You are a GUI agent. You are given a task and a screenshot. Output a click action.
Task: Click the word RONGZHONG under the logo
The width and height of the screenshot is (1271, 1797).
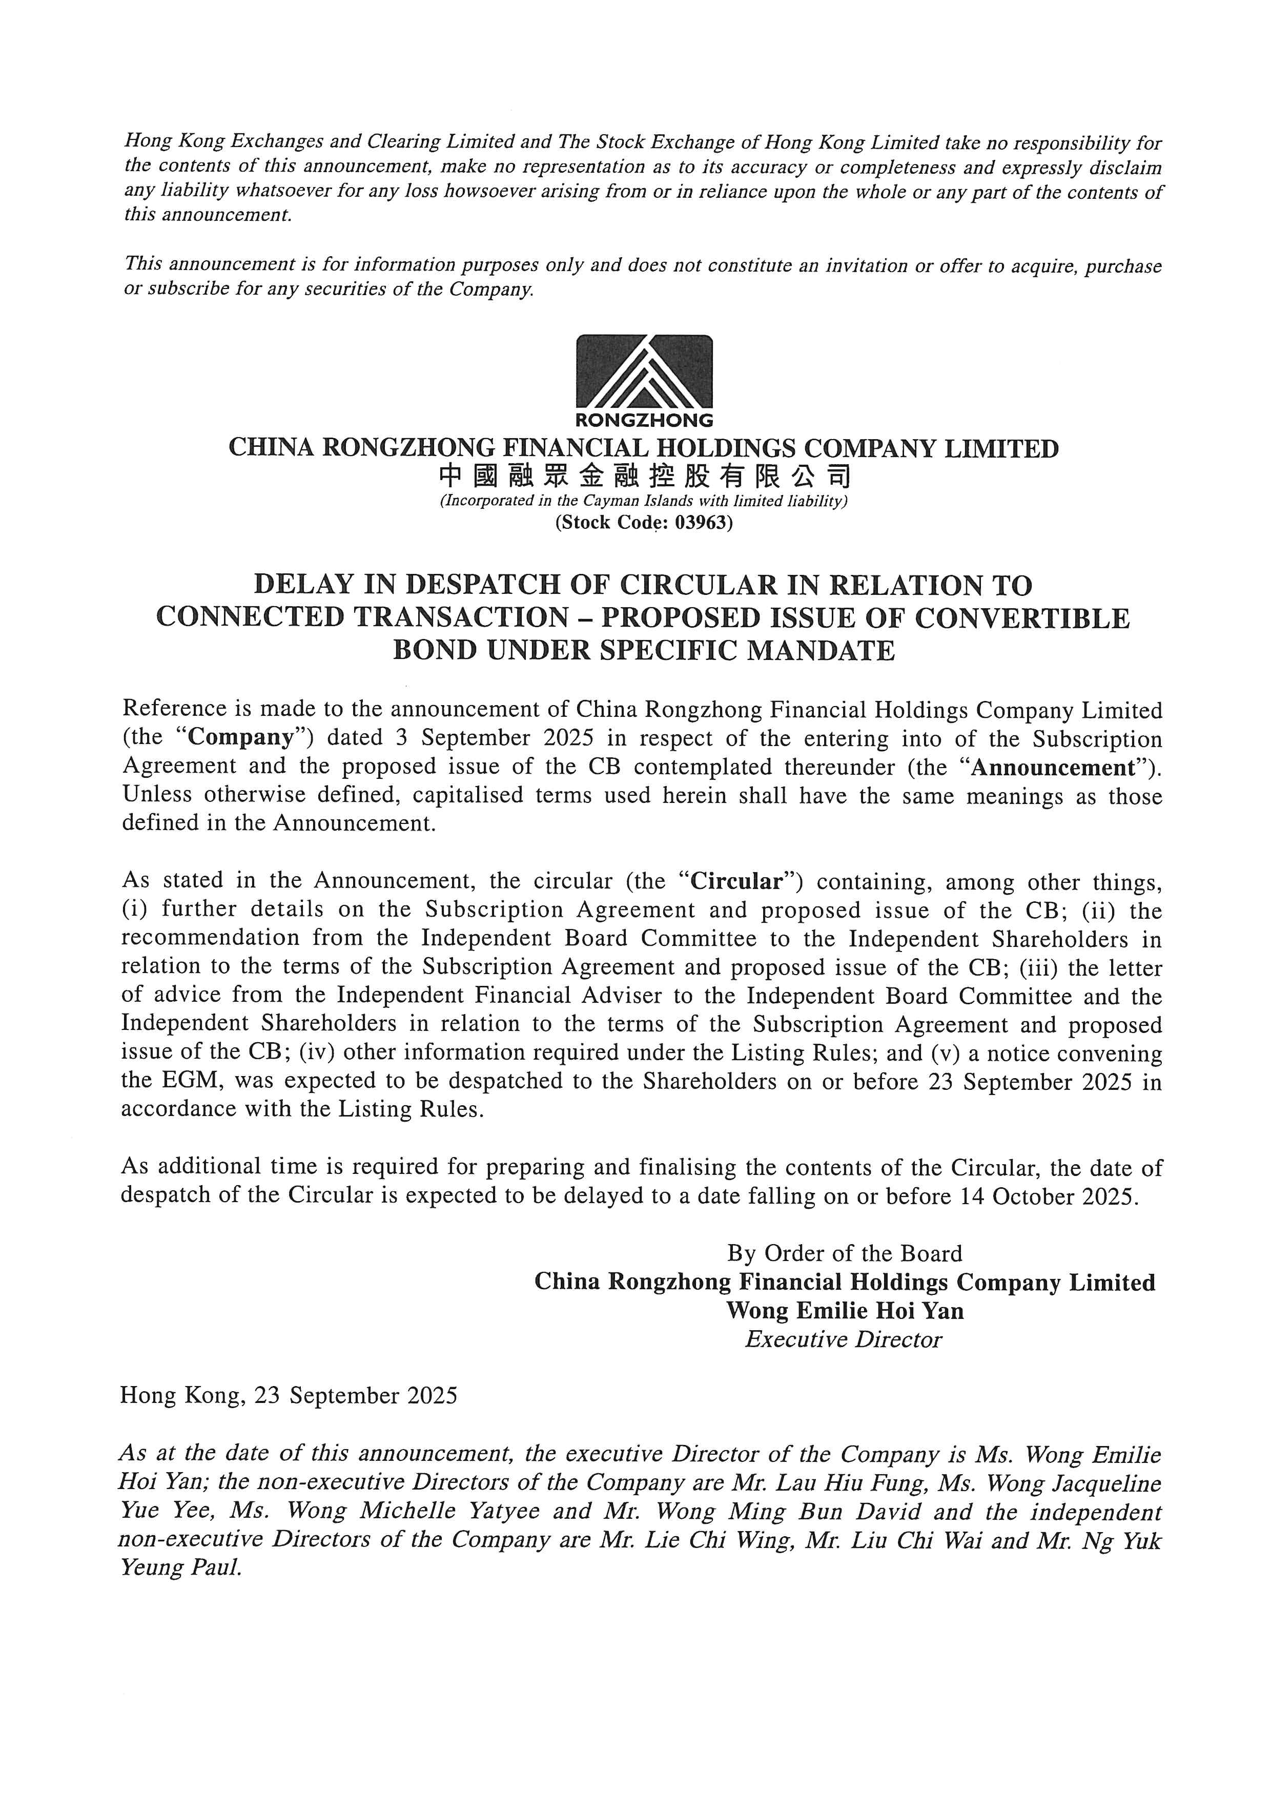point(644,420)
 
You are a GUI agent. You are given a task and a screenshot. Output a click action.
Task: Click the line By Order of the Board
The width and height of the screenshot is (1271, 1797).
point(845,1254)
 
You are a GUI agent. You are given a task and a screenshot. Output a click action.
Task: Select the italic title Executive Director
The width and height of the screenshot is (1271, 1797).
point(843,1339)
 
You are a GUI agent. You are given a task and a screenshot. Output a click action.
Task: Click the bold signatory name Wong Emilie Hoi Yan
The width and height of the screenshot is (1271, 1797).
point(845,1311)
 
